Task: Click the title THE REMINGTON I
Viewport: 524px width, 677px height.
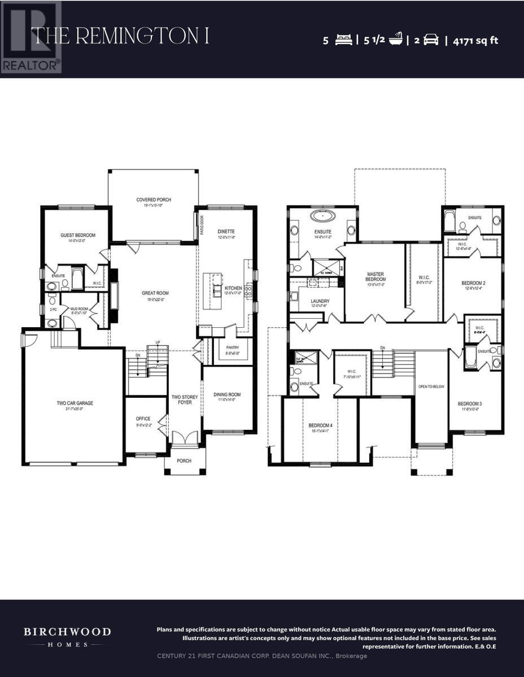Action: [x=120, y=36]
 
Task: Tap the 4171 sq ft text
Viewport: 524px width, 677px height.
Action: [x=475, y=40]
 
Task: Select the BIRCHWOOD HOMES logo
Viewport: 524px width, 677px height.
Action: [x=67, y=636]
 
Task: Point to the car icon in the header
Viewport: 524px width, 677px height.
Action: [x=431, y=40]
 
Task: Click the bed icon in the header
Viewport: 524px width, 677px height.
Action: [x=343, y=40]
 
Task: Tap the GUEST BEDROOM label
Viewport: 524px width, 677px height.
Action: [x=78, y=235]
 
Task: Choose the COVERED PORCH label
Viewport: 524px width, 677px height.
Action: [x=154, y=200]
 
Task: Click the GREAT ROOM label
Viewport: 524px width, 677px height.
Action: [x=155, y=293]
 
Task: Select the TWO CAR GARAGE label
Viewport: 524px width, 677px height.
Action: [x=75, y=403]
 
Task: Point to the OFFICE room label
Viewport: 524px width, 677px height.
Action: [x=143, y=419]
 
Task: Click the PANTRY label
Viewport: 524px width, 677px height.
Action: [x=233, y=348]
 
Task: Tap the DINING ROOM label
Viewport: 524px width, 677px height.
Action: [x=227, y=395]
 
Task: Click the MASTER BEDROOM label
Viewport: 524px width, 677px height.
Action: [x=375, y=276]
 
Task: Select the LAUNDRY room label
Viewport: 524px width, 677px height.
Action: [x=320, y=301]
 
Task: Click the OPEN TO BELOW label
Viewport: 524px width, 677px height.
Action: [x=431, y=386]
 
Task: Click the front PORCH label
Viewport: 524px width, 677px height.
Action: [x=184, y=461]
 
